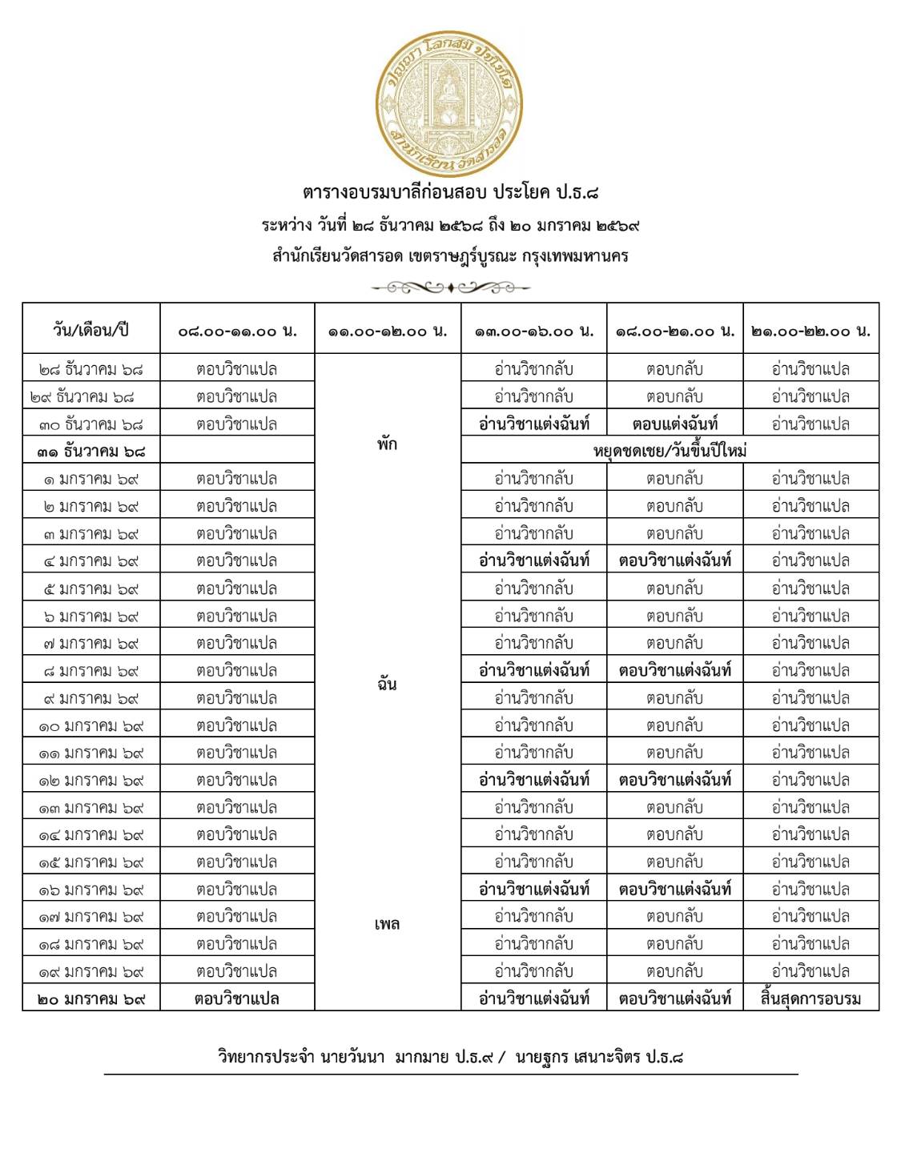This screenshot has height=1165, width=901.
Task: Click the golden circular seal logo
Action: pos(450,105)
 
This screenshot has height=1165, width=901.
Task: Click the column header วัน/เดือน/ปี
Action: pos(91,330)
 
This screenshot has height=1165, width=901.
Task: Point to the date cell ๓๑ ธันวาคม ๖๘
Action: pos(91,452)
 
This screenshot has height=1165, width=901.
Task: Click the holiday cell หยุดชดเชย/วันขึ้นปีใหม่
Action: pos(670,451)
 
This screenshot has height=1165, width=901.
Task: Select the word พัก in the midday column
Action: pos(387,444)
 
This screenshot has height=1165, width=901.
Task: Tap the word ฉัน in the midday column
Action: pos(387,684)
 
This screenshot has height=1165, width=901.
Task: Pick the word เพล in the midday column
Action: pos(387,924)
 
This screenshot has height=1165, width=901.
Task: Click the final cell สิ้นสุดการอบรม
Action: pos(810,998)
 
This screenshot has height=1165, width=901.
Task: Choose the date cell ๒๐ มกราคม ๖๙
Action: pos(91,998)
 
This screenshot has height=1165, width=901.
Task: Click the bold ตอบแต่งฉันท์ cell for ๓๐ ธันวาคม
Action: pos(674,424)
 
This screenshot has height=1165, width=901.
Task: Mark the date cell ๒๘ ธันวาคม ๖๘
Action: pos(91,369)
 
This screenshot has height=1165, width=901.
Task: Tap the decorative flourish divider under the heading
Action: pos(450,287)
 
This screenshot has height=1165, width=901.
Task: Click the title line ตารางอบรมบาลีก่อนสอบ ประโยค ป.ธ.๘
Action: pos(450,193)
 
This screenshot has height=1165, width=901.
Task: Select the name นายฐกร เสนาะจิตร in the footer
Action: pos(577,1057)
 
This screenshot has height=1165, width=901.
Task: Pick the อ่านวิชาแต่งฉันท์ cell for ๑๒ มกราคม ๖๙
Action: pos(533,780)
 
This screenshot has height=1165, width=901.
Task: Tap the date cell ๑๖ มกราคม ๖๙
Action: pos(91,890)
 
